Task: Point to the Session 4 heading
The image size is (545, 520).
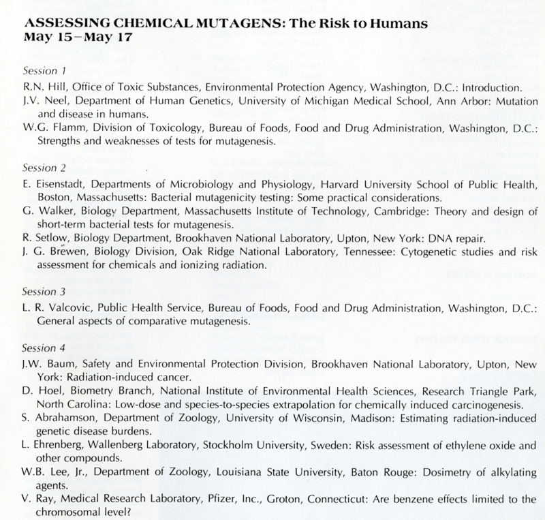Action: click(44, 348)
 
